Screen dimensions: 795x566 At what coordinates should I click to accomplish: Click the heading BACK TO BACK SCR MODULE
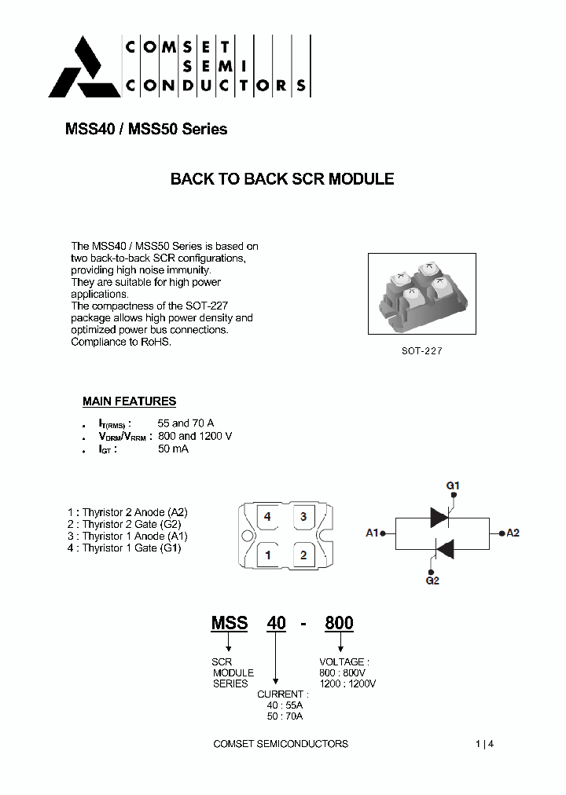[x=282, y=179]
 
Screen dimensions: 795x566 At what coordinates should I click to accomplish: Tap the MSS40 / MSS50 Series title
[x=146, y=130]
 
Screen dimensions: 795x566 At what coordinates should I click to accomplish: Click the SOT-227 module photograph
[x=422, y=294]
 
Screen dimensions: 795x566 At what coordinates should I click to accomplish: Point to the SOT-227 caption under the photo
[x=422, y=351]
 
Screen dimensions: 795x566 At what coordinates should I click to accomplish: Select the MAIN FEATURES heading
[x=129, y=401]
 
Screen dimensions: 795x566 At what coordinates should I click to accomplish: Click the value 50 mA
[x=173, y=449]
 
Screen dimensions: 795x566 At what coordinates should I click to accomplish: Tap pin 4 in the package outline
[x=268, y=517]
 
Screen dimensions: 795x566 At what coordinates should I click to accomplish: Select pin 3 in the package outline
[x=303, y=517]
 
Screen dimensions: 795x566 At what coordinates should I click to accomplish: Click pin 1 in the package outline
[x=268, y=555]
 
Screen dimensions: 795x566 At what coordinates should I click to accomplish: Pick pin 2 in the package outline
[x=303, y=555]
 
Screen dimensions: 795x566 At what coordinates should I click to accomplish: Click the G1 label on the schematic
[x=453, y=486]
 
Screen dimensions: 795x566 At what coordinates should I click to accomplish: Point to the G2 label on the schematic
[x=432, y=581]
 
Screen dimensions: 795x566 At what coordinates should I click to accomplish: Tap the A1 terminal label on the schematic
[x=373, y=533]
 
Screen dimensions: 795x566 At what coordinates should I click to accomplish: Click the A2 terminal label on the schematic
[x=513, y=533]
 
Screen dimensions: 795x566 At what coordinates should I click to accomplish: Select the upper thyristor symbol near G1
[x=439, y=516]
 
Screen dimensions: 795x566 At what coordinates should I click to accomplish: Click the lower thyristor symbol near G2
[x=445, y=549]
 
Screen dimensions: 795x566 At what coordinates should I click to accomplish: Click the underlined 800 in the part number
[x=339, y=623]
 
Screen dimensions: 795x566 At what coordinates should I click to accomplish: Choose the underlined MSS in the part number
[x=230, y=623]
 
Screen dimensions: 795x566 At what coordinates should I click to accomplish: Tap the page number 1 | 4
[x=484, y=743]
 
